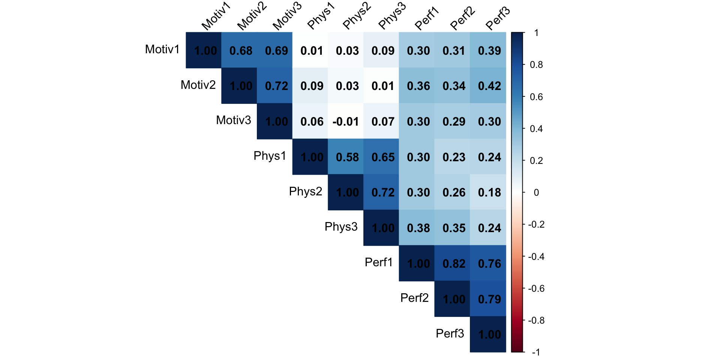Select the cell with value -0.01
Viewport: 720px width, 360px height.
346,121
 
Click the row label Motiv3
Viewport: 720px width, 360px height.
233,120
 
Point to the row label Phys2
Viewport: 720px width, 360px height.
305,191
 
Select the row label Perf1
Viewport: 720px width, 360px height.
378,262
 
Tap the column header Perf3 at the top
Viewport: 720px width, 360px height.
498,18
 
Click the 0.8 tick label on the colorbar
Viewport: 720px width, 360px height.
536,65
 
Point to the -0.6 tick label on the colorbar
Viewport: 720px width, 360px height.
536,288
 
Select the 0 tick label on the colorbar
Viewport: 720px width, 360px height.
536,193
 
